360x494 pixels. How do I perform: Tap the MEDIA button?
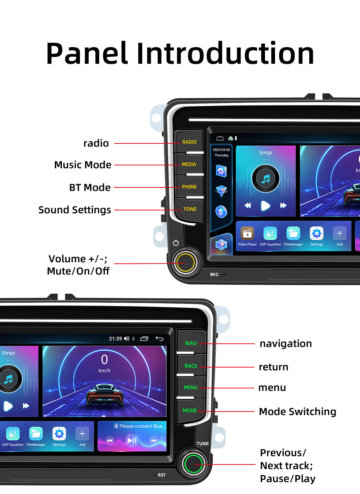click(x=189, y=164)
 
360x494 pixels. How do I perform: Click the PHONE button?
click(x=189, y=187)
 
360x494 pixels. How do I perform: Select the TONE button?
click(x=190, y=209)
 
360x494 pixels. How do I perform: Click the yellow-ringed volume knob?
click(x=186, y=263)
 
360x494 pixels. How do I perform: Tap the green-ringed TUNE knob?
click(x=193, y=464)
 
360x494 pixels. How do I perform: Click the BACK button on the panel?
click(x=191, y=366)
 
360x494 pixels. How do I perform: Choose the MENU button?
click(x=190, y=387)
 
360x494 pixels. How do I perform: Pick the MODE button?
click(x=189, y=410)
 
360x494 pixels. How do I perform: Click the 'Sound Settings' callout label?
click(x=75, y=210)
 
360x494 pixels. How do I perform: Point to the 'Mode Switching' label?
click(x=297, y=411)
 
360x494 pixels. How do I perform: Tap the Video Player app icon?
click(x=247, y=233)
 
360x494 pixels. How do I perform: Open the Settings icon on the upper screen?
click(x=316, y=233)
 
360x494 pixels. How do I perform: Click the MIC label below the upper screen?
click(x=215, y=275)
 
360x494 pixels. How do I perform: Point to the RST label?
click(x=162, y=475)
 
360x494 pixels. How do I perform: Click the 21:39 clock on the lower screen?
click(x=115, y=339)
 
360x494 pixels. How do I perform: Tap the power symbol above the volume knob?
click(x=176, y=243)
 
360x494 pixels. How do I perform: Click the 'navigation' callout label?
click(x=286, y=343)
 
